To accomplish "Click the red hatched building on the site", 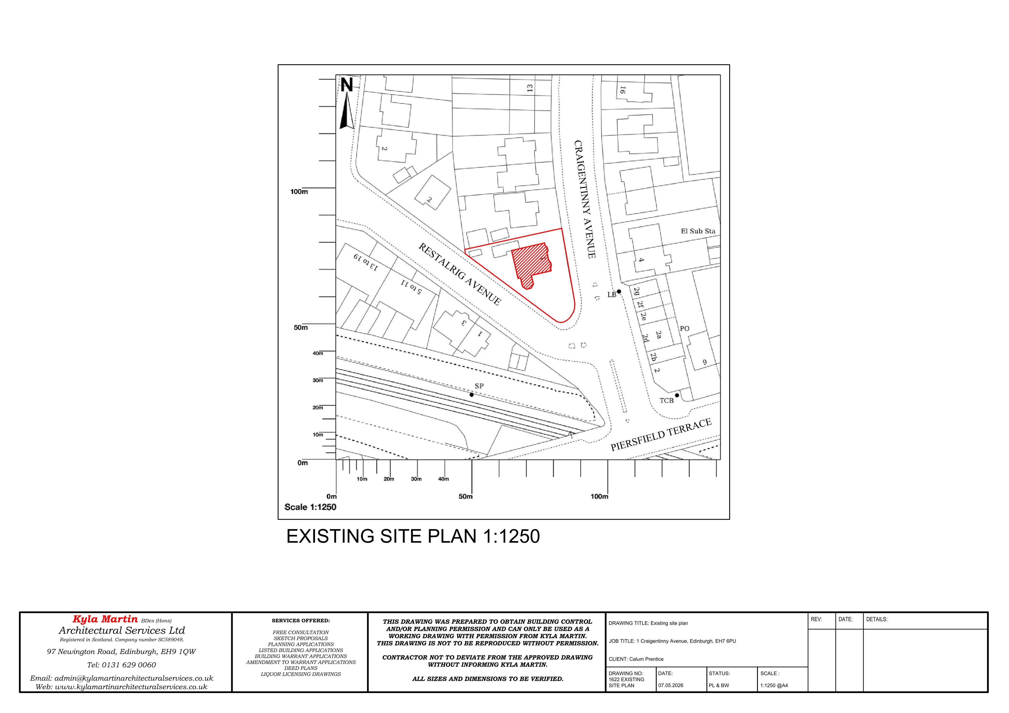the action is coord(532,265).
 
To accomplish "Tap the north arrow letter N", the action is coord(347,85).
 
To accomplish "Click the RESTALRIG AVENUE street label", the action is coord(459,274).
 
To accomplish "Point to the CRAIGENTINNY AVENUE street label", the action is coord(585,199).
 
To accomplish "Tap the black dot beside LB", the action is coord(619,291).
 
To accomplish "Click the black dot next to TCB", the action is coord(677,395).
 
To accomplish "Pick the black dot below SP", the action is coord(471,395).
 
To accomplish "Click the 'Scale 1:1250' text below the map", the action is coord(310,507).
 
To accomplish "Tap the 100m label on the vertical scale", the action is coord(299,192).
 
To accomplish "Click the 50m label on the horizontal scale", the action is coord(465,497).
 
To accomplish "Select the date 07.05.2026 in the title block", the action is coord(671,685).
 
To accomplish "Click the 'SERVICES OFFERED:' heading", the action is coord(301,621).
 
